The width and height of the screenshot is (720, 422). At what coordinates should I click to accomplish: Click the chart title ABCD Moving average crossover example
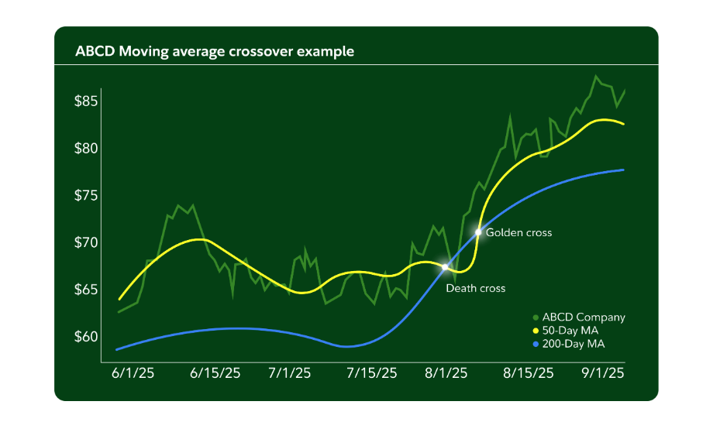click(215, 52)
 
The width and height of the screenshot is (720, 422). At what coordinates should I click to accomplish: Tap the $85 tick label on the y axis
click(86, 101)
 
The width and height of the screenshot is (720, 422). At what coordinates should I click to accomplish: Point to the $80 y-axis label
click(86, 148)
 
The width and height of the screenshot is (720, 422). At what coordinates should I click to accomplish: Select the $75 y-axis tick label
click(86, 195)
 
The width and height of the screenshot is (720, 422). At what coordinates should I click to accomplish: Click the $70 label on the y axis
click(86, 242)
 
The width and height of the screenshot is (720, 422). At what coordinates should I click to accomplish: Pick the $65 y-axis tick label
click(86, 290)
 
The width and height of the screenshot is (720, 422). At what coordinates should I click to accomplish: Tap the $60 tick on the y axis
click(86, 337)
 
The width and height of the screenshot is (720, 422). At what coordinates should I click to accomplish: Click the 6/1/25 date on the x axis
click(133, 373)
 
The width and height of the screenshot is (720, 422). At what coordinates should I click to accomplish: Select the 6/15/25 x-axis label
click(215, 373)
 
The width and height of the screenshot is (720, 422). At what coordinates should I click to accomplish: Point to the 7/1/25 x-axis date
click(290, 373)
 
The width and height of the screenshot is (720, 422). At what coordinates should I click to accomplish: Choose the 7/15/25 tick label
click(370, 373)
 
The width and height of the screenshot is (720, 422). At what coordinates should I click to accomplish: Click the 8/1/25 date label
click(446, 373)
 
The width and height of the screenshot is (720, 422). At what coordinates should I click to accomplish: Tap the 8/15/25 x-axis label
click(528, 373)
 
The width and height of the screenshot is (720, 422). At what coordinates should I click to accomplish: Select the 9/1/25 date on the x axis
click(603, 373)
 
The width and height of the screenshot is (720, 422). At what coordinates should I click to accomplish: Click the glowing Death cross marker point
click(445, 266)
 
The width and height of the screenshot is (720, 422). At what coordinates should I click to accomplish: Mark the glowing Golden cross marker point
click(478, 232)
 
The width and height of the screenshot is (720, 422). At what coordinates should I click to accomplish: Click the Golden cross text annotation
click(518, 232)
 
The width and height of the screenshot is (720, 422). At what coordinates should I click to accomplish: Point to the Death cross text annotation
click(475, 288)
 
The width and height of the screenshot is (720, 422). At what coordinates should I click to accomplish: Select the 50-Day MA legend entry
click(569, 331)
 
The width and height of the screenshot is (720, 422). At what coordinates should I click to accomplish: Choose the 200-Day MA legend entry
click(571, 343)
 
